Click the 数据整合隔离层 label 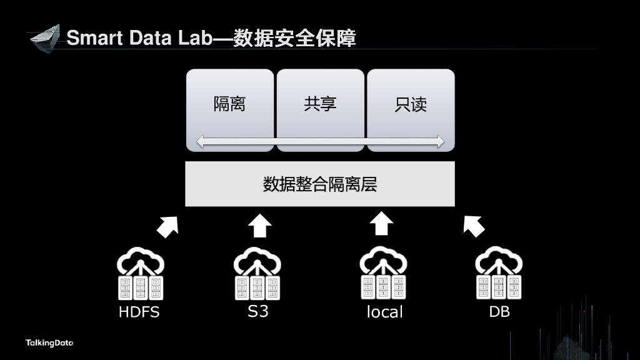320,184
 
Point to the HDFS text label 139,312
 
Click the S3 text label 257,311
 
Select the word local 384,312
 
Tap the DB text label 499,311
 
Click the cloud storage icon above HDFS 140,274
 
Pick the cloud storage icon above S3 257,274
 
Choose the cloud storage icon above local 383,274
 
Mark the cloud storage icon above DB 499,274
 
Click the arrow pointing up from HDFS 167,226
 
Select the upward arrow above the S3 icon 260,224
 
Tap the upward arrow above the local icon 381,224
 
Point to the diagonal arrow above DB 474,226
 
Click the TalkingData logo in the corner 49,343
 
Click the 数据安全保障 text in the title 294,38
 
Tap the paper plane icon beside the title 45,38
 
